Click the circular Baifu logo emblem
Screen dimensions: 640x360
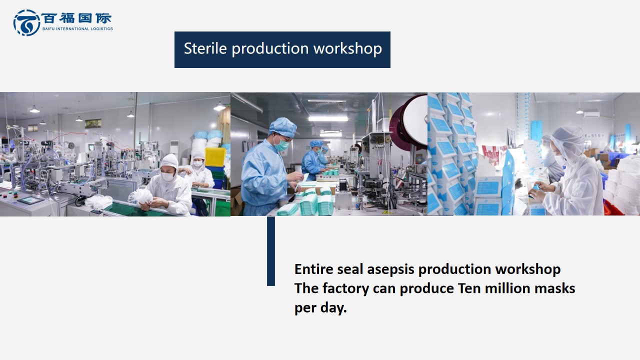click(x=26, y=22)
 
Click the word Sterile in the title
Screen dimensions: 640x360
click(x=205, y=48)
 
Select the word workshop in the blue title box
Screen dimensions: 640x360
click(x=347, y=49)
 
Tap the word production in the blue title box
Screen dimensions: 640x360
click(x=270, y=49)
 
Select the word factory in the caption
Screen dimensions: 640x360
click(x=345, y=288)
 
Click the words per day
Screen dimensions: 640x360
click(x=320, y=308)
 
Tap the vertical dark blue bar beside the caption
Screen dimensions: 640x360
click(x=271, y=251)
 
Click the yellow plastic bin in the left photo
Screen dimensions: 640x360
click(x=215, y=157)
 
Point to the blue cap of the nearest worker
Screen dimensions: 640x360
click(x=283, y=127)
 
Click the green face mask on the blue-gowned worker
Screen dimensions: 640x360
click(x=281, y=144)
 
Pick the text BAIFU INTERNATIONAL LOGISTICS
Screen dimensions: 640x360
click(x=77, y=29)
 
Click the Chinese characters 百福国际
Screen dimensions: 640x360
click(x=76, y=18)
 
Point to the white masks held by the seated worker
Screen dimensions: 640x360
click(x=141, y=197)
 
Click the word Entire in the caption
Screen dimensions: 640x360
click(x=313, y=269)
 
